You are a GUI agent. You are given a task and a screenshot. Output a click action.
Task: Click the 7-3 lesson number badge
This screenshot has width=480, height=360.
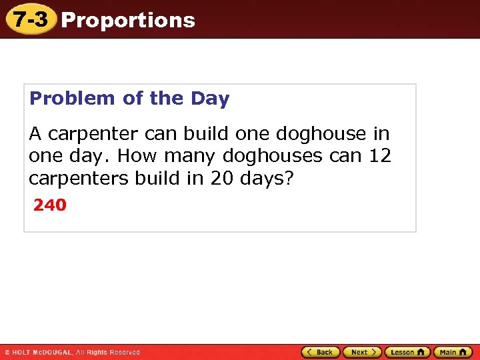pos(30,19)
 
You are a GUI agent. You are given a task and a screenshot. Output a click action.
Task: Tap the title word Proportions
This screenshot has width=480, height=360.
pos(128,20)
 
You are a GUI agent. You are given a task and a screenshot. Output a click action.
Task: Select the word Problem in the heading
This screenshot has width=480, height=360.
pos(73,99)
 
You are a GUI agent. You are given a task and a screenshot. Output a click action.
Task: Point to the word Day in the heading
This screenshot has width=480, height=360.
pos(210,99)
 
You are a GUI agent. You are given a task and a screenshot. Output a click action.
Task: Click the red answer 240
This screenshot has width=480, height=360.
pos(50,205)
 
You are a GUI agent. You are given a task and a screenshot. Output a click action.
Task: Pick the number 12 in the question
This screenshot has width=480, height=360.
pos(380,157)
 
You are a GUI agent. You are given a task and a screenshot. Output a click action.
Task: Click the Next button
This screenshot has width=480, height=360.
pos(362,352)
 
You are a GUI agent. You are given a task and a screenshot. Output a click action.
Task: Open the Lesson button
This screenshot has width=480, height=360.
pos(407,352)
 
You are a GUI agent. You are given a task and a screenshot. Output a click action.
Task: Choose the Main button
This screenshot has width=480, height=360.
pos(452,352)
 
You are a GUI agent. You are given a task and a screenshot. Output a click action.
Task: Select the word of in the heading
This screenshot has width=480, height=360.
pos(133,99)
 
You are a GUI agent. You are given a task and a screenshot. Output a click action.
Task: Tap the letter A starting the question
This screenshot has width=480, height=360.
pos(35,134)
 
